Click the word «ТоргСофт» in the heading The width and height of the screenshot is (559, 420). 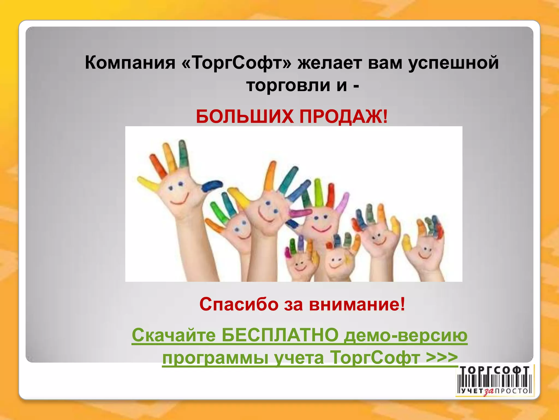click(x=236, y=63)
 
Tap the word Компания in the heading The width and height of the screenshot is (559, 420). click(x=130, y=63)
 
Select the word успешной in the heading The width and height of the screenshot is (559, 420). click(x=453, y=63)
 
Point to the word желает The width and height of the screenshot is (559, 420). click(x=329, y=63)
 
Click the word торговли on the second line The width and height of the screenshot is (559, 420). click(x=289, y=85)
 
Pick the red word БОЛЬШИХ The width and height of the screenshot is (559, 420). click(x=245, y=117)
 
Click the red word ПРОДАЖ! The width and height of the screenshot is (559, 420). click(x=343, y=117)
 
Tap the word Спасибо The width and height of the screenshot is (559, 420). click(x=239, y=304)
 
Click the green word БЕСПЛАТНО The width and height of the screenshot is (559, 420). click(x=280, y=335)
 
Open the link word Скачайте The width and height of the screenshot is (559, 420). click(x=174, y=335)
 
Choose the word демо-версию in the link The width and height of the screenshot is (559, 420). click(x=405, y=335)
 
